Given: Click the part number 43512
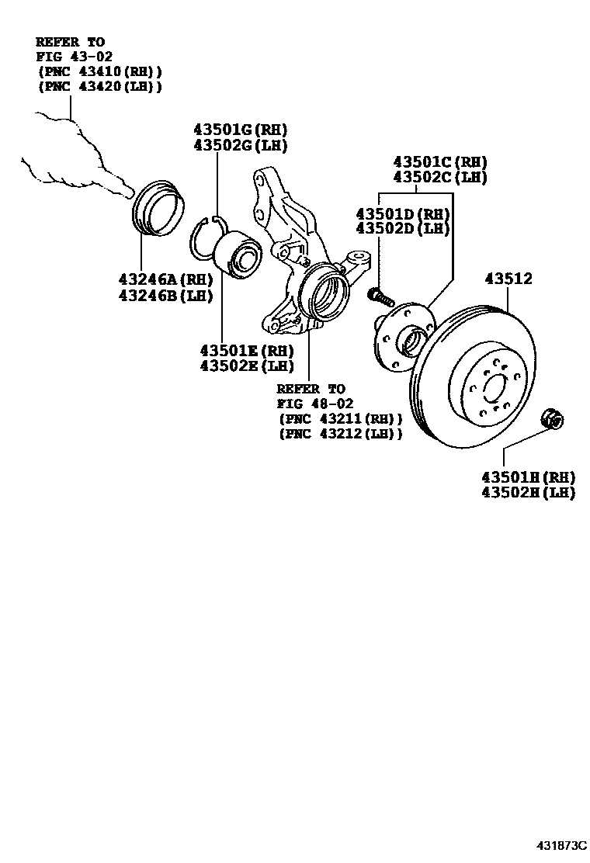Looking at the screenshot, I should [x=508, y=278].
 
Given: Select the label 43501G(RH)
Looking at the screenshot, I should [x=240, y=130].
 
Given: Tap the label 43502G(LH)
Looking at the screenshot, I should [x=240, y=145].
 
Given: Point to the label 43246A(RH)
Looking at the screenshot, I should [x=165, y=279].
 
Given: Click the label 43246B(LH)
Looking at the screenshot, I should [x=165, y=295].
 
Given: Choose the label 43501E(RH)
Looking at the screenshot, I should [x=246, y=350].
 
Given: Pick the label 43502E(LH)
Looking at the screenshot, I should [x=246, y=366].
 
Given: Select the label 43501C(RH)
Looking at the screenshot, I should [x=440, y=161].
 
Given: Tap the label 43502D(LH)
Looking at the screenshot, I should [x=402, y=228].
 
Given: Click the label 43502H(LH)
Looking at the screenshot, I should [x=528, y=492].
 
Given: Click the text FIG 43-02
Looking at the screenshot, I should [x=75, y=56].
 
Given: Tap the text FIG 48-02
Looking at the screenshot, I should [x=315, y=404].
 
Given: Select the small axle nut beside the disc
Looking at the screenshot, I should [x=553, y=419].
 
